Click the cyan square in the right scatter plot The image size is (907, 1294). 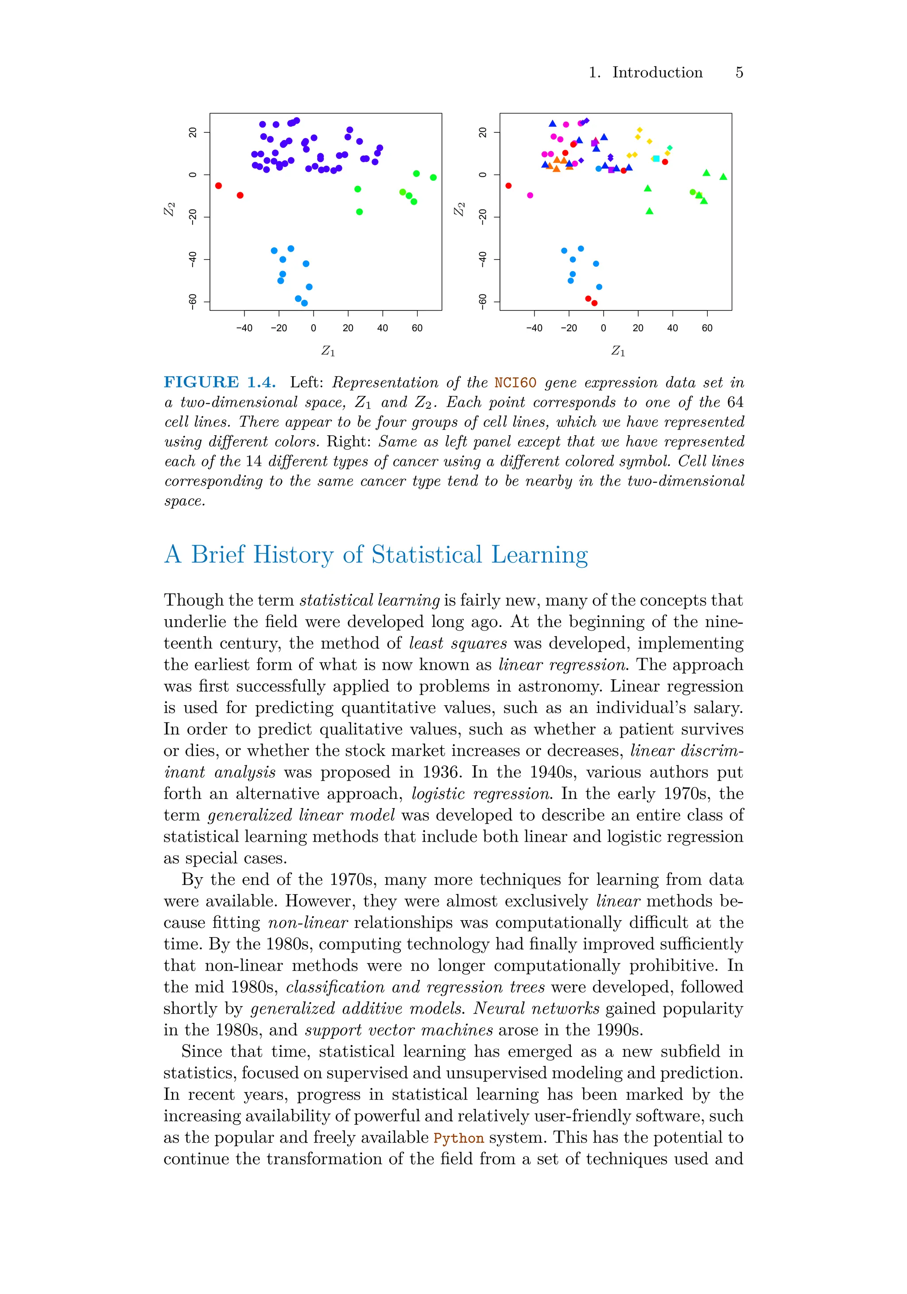[x=656, y=159]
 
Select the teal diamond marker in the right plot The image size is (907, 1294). [x=670, y=147]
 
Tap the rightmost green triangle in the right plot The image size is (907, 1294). [x=723, y=177]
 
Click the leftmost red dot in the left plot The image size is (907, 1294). [x=219, y=186]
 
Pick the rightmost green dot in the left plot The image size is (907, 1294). [x=433, y=178]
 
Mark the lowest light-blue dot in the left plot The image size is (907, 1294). [x=304, y=303]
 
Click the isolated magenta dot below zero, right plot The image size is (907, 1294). [x=530, y=196]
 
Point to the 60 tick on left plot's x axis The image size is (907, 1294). [x=417, y=329]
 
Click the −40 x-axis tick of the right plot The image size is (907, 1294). [x=534, y=329]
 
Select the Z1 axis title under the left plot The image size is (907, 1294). [x=328, y=351]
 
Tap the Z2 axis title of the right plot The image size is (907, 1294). [x=459, y=209]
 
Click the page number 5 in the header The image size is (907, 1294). [x=739, y=73]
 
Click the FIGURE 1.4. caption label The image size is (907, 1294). [x=219, y=382]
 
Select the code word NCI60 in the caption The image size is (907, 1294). [x=515, y=383]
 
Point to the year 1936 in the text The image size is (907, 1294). [x=438, y=772]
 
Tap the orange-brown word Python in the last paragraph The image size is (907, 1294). [x=458, y=1138]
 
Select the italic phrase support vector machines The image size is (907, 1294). [x=399, y=1030]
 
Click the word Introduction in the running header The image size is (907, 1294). [x=657, y=73]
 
